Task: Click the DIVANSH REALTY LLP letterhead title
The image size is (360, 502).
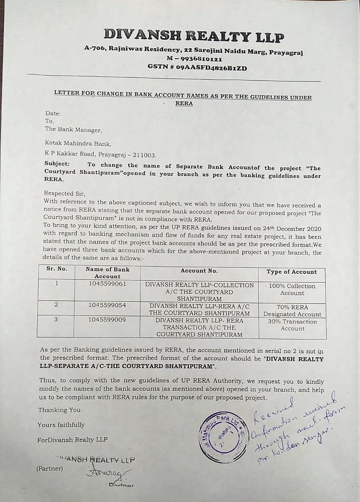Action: click(x=194, y=36)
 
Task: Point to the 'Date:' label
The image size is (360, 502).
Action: click(x=53, y=113)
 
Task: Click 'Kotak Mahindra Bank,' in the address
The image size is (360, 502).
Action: click(x=73, y=143)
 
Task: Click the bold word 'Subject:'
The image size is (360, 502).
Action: click(x=57, y=164)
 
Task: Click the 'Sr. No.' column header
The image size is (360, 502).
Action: click(x=56, y=269)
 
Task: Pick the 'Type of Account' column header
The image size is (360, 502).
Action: click(x=292, y=272)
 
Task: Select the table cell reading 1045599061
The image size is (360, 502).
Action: click(x=107, y=284)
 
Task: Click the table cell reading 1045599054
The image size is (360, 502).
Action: click(x=107, y=305)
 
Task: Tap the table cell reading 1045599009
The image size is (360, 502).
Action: click(x=107, y=319)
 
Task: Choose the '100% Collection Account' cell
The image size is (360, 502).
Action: click(x=292, y=289)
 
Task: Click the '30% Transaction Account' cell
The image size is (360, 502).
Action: click(x=293, y=325)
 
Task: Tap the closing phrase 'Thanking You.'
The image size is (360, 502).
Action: click(x=60, y=410)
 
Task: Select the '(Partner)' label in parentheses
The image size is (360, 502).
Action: click(x=49, y=468)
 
